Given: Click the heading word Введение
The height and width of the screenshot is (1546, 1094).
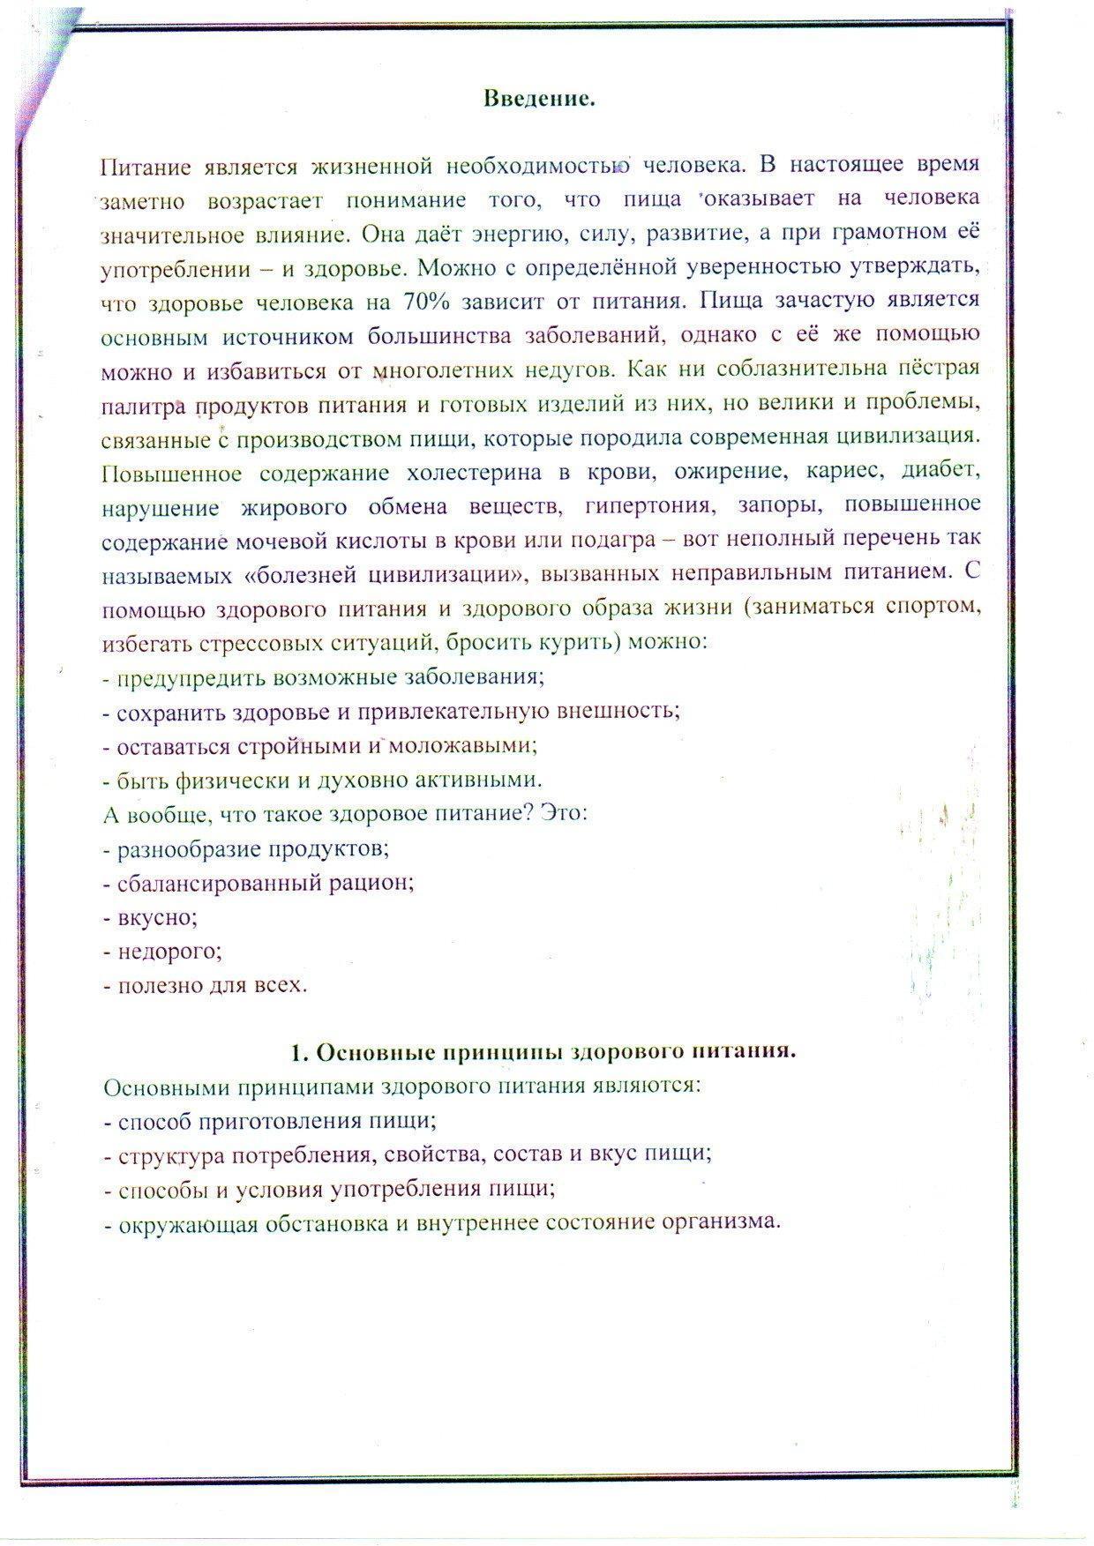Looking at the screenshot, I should click(x=539, y=99).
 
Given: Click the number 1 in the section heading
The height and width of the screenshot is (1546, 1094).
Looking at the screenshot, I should click(x=297, y=1052).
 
